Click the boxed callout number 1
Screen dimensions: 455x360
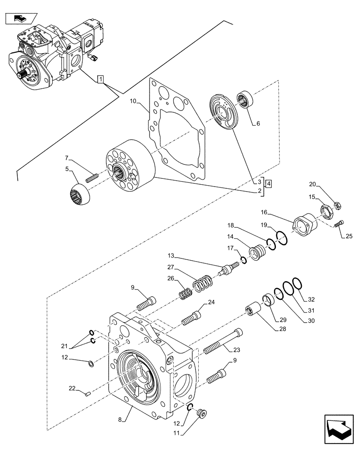point(100,81)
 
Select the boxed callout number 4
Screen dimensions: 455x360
point(269,184)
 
